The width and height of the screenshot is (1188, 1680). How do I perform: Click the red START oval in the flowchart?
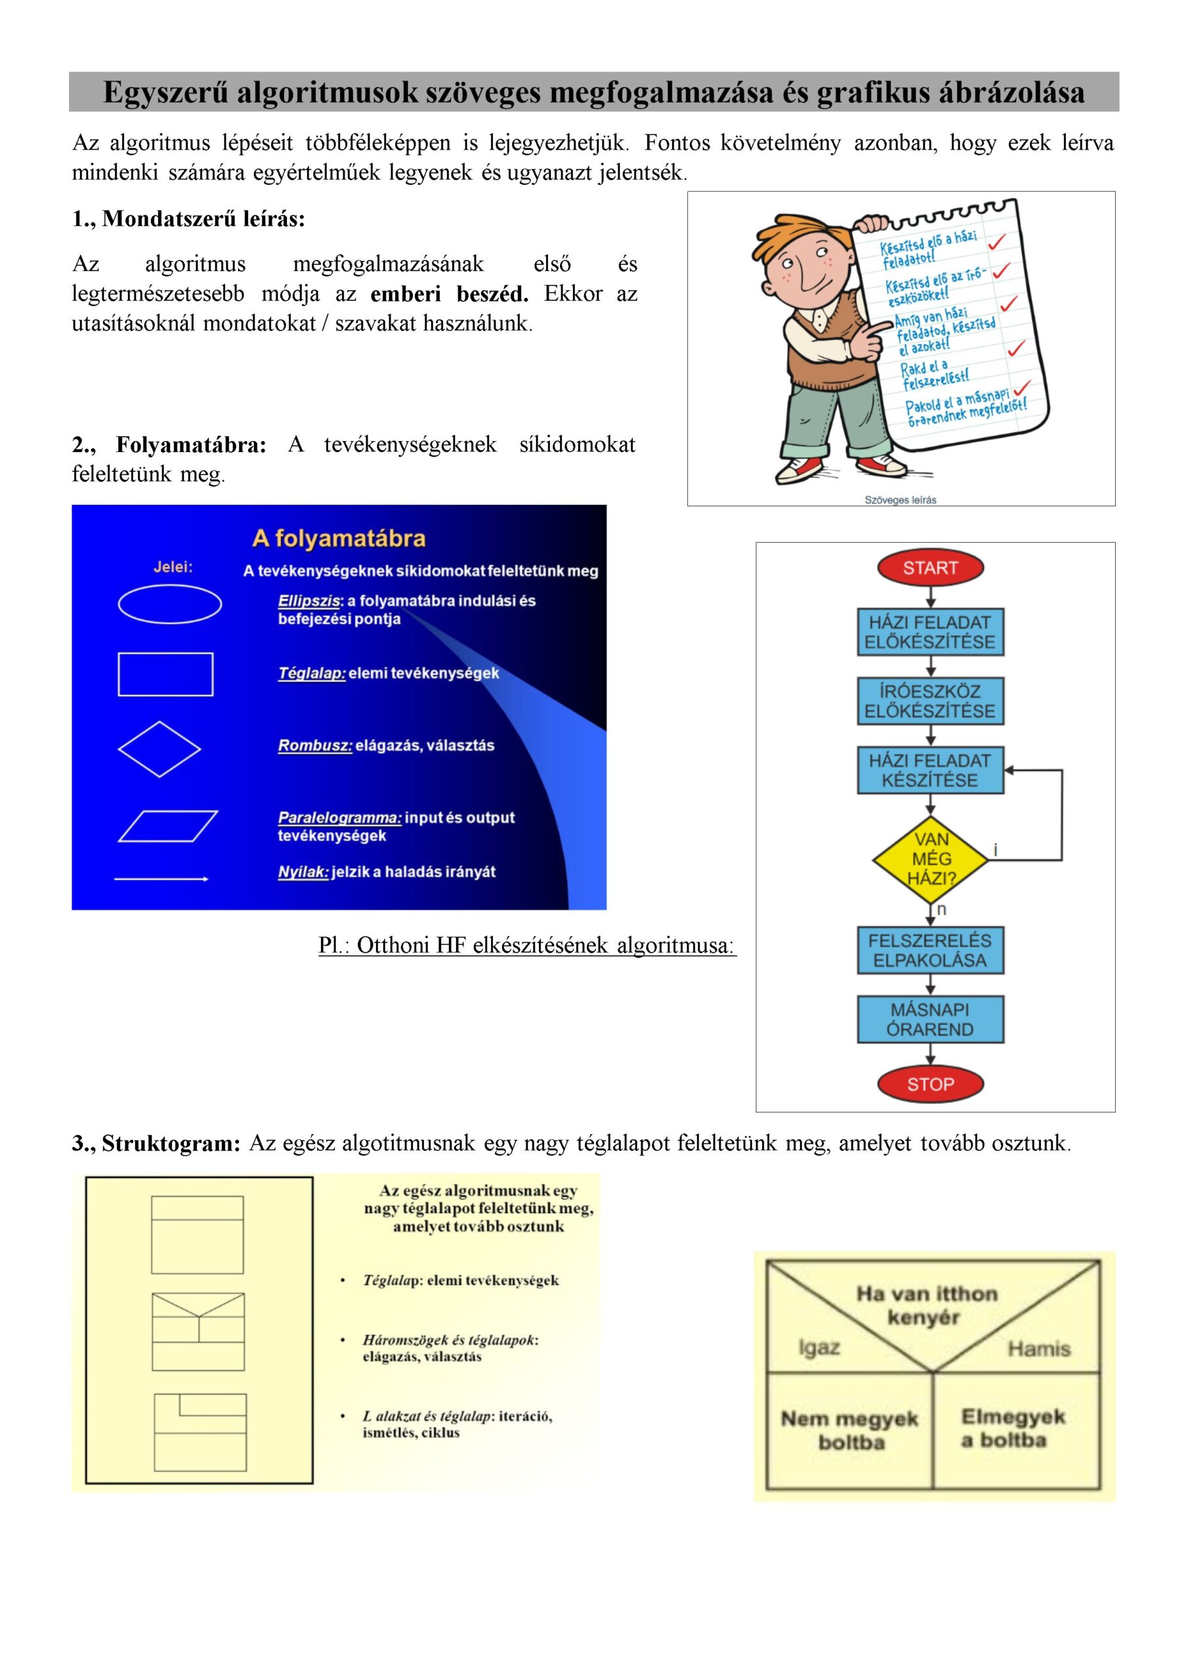click(929, 568)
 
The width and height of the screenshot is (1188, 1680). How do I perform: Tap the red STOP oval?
click(929, 1083)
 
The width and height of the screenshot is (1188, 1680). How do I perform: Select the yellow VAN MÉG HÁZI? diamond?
click(930, 858)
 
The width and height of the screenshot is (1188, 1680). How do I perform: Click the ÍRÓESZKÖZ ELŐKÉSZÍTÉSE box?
click(929, 701)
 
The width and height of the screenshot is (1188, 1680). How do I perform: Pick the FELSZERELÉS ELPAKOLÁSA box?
click(929, 950)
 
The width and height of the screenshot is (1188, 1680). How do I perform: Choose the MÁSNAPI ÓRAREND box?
click(929, 1018)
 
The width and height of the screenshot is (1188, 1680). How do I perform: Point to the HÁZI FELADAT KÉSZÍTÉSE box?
click(929, 770)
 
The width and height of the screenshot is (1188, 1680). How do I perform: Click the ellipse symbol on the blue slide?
click(170, 604)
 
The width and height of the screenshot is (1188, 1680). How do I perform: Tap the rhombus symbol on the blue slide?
click(159, 749)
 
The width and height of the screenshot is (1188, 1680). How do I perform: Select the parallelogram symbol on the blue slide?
click(167, 826)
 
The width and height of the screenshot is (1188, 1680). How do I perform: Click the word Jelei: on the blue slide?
click(173, 567)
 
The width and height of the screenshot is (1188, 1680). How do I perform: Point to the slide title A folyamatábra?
click(338, 539)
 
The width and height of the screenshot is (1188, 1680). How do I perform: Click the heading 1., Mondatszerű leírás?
click(188, 219)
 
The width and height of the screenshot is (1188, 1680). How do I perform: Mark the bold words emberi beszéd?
click(449, 294)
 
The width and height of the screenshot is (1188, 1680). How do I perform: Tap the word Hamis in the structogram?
click(1038, 1348)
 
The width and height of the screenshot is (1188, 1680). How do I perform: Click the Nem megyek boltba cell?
click(849, 1430)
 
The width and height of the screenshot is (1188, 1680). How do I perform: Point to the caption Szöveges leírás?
click(901, 500)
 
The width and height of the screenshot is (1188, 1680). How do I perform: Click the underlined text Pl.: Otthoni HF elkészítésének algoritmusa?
click(527, 946)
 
